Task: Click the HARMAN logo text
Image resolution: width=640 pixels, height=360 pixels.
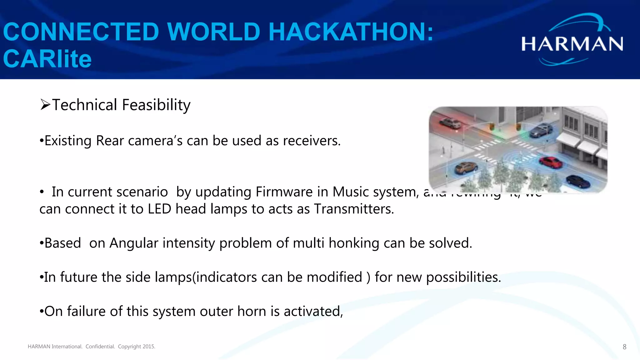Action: [572, 44]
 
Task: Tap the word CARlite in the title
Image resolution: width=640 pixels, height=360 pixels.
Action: [47, 59]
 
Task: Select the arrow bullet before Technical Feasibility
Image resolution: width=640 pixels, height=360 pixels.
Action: [45, 105]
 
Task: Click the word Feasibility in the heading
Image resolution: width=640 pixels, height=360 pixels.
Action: [156, 105]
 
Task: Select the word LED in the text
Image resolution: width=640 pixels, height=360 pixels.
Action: [159, 209]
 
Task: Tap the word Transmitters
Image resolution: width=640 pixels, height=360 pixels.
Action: [354, 209]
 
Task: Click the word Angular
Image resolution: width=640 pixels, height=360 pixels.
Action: [134, 243]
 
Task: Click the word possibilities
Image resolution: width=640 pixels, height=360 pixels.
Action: [463, 277]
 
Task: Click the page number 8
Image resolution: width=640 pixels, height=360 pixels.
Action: [624, 347]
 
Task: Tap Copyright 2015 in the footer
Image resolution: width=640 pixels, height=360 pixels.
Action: [137, 347]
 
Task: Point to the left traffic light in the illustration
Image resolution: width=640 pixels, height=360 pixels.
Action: [492, 127]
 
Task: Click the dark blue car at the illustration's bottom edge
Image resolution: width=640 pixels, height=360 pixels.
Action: [578, 181]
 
